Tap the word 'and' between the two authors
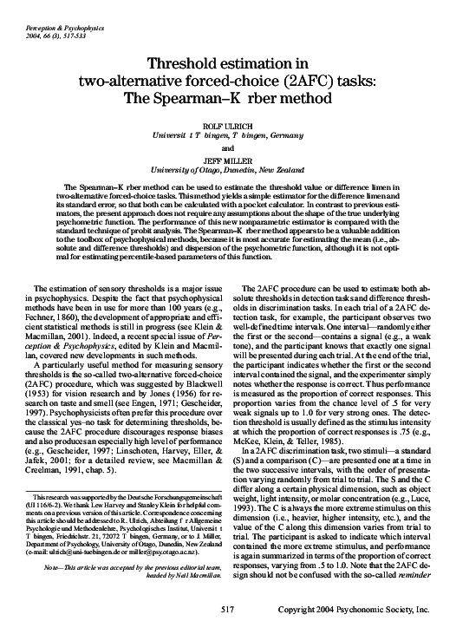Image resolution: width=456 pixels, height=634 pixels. (x=228, y=147)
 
